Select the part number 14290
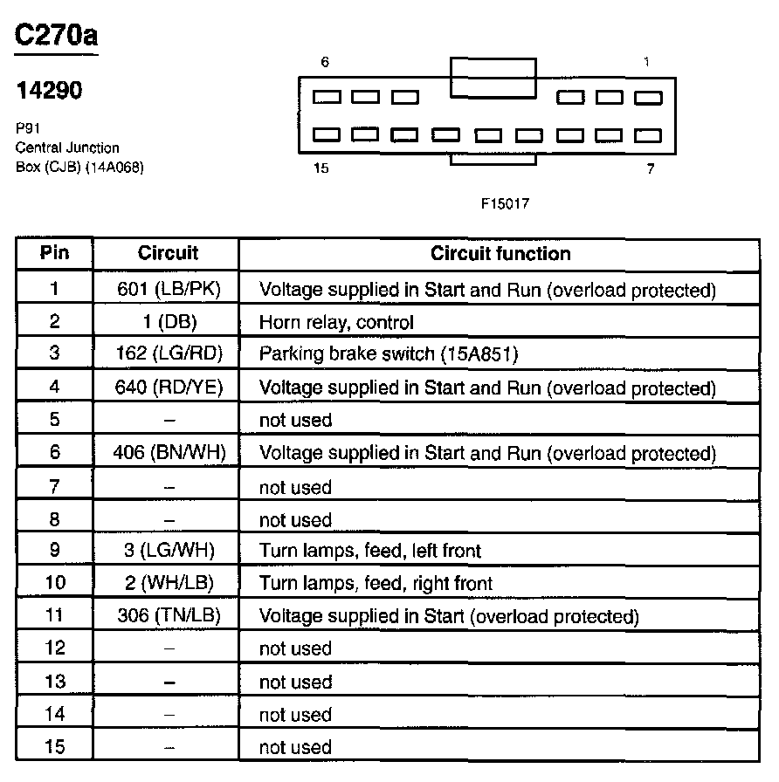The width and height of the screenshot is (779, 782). click(x=50, y=90)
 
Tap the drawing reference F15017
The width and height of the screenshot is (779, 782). click(x=505, y=203)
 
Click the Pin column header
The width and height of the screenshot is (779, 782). click(x=54, y=254)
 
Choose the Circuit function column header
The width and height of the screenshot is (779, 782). click(x=500, y=254)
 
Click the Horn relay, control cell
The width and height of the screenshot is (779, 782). click(x=336, y=322)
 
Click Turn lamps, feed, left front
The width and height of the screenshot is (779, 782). click(x=370, y=551)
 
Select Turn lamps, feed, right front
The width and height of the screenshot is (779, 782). click(x=376, y=583)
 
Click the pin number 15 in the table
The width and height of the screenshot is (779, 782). click(x=54, y=747)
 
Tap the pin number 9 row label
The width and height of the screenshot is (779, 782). click(x=54, y=551)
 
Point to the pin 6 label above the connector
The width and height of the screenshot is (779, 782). click(x=325, y=63)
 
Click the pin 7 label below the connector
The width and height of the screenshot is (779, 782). click(x=650, y=169)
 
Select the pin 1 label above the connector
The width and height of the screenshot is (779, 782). click(x=646, y=63)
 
